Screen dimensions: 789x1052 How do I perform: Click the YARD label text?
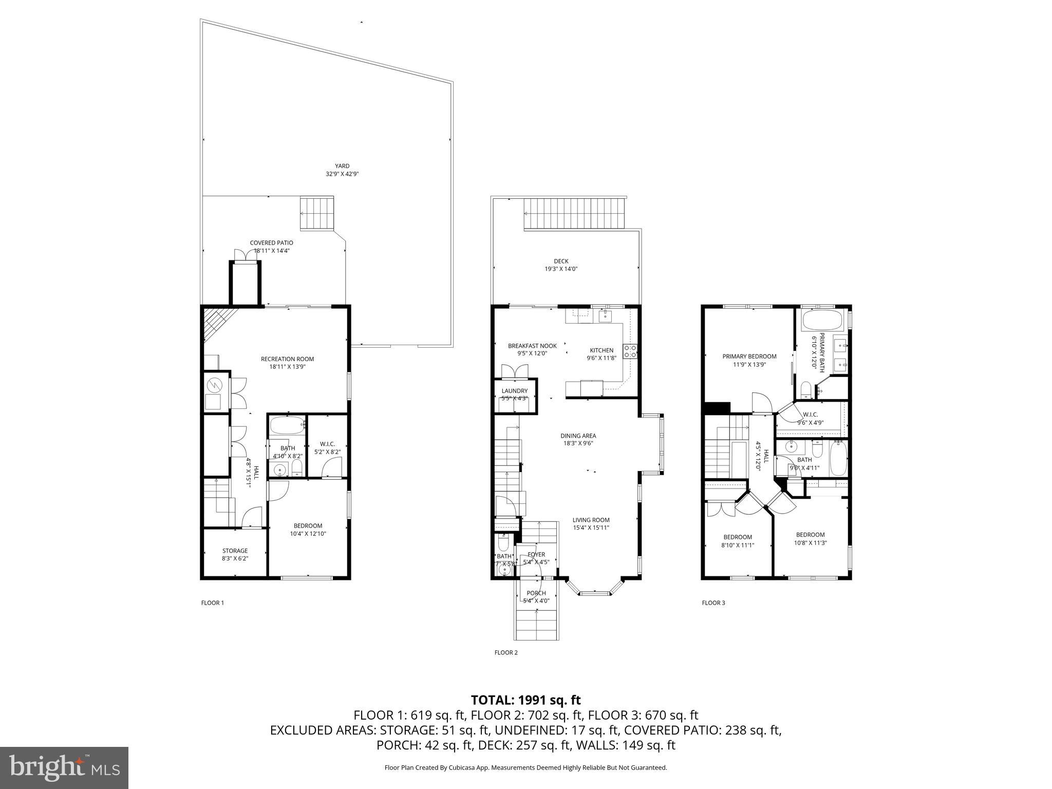click(x=342, y=166)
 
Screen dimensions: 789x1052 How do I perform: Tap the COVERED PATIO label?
click(x=271, y=243)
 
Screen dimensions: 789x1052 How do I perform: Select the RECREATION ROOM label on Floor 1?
click(x=287, y=359)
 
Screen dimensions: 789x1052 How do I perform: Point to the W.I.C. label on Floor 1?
click(x=327, y=444)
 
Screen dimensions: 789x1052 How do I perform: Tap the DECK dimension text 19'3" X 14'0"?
click(x=561, y=269)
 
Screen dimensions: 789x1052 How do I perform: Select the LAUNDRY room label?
click(x=515, y=391)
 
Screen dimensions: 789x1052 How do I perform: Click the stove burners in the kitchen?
click(x=630, y=351)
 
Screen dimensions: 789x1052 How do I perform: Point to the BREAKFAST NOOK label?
click(x=532, y=346)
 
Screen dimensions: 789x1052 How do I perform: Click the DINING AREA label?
click(x=578, y=436)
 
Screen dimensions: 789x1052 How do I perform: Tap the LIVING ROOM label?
click(x=591, y=520)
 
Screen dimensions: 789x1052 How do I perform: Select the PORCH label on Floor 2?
click(x=536, y=593)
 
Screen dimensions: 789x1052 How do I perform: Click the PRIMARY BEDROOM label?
click(x=749, y=356)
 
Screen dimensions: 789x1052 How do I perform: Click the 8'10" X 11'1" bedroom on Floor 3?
click(x=738, y=545)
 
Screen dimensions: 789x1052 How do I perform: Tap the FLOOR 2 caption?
click(x=506, y=652)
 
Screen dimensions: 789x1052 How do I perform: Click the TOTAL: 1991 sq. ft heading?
click(x=525, y=700)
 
